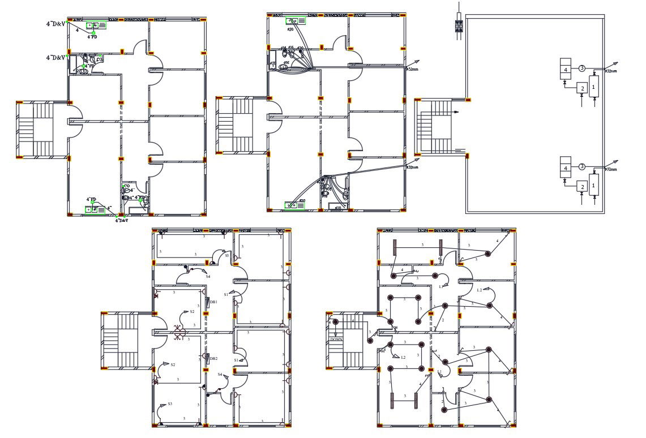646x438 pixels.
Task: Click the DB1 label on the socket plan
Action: [214, 302]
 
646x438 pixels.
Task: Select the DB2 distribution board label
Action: [214, 359]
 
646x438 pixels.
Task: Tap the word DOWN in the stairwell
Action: [336, 339]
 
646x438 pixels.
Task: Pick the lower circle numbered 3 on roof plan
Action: [581, 166]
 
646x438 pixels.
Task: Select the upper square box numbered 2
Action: [582, 88]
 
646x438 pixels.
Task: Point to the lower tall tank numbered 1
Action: [593, 185]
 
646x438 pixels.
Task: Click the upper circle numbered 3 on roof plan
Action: [581, 68]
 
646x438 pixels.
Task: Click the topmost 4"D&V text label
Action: [56, 24]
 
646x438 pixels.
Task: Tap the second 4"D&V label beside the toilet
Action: [56, 58]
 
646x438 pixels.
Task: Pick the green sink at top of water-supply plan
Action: [296, 21]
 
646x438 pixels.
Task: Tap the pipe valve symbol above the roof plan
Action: [459, 26]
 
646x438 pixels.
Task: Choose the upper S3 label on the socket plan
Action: [227, 256]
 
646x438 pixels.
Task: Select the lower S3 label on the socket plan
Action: [169, 404]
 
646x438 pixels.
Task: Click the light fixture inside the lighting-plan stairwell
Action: [336, 323]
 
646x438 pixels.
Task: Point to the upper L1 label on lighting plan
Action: [441, 286]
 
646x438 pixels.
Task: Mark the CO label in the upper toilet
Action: [100, 59]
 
